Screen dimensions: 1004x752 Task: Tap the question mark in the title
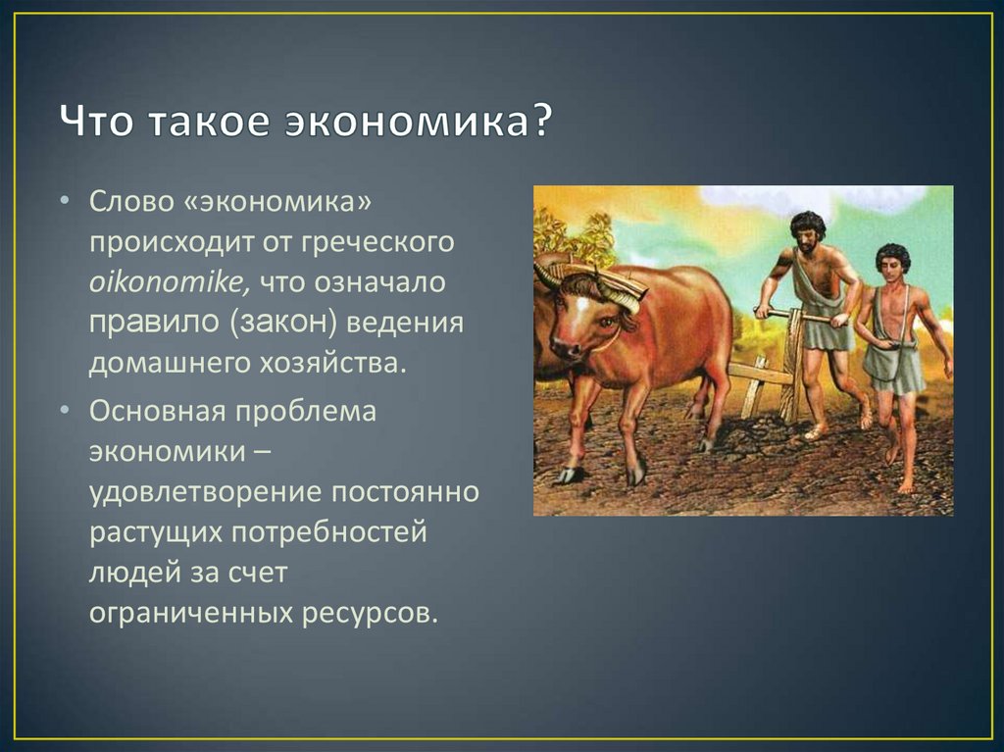point(541,119)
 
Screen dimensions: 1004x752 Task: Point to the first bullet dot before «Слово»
point(64,202)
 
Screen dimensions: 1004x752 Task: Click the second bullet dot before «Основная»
point(64,411)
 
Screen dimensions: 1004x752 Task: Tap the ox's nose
point(564,349)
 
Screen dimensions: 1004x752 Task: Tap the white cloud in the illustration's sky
point(826,199)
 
